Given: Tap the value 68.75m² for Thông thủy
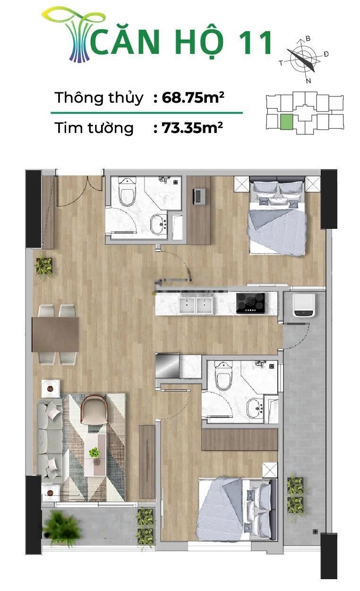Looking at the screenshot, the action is tap(193, 97).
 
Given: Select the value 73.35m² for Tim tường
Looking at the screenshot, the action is tap(192, 128).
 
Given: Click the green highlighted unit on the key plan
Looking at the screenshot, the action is tap(286, 122).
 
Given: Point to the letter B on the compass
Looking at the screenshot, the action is tap(308, 39).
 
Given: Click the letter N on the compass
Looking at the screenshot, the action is tap(309, 81).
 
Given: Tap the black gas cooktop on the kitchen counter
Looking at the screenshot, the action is tap(250, 303).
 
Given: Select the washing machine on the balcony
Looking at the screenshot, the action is tap(303, 305).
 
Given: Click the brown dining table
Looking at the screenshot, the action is tap(55, 335).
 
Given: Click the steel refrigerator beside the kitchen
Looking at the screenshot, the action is tap(167, 366).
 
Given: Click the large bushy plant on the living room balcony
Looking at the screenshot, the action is tap(62, 528).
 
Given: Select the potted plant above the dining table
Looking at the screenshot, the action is tap(43, 266).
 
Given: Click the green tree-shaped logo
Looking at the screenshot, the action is tap(75, 35).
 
